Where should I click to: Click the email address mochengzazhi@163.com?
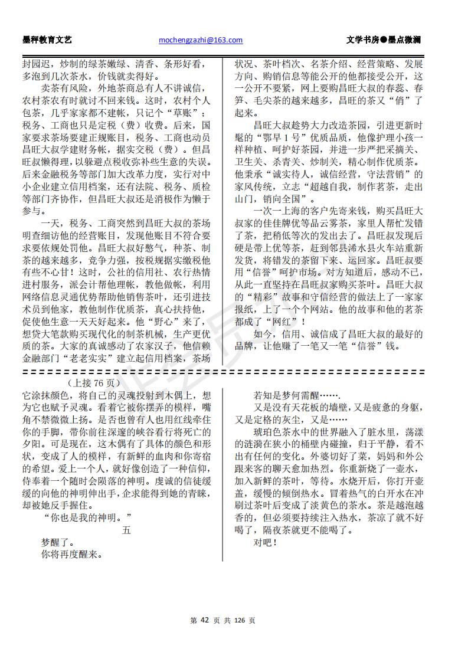point(201,40)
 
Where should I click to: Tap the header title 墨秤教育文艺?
point(47,40)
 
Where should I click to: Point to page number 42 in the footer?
point(205,620)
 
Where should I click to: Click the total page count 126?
point(239,620)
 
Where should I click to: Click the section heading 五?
point(126,530)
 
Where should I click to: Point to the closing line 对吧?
point(265,542)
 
